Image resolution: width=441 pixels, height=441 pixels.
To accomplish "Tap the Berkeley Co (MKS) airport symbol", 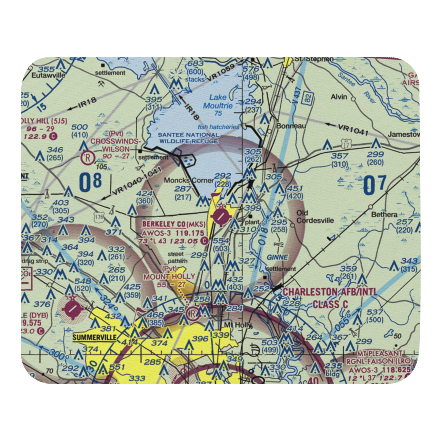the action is tap(221, 217).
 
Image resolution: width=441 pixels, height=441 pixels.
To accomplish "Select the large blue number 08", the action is tap(90, 182).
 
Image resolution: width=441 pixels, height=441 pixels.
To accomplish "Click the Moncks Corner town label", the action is tap(183, 180).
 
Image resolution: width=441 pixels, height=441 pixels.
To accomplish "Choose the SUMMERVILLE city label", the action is tap(94, 337).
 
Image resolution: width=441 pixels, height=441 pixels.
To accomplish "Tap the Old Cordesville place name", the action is tap(314, 217).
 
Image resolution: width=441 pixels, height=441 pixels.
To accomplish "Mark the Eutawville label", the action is tap(49, 75).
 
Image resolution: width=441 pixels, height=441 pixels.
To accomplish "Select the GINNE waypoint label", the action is tap(278, 257).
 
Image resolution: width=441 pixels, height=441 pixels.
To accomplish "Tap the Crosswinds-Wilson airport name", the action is tap(116, 145).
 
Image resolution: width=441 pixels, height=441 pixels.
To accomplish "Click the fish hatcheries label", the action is tap(218, 127).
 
